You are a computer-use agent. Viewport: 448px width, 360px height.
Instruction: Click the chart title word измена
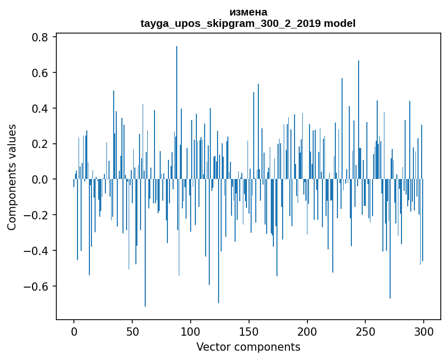tap(248, 12)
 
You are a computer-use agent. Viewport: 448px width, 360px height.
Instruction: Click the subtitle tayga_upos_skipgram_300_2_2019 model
tap(248, 23)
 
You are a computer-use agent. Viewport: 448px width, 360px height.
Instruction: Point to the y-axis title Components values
tap(12, 177)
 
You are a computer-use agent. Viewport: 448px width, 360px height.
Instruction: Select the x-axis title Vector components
tap(248, 347)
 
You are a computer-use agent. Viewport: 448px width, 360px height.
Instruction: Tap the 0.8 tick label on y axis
tap(40, 37)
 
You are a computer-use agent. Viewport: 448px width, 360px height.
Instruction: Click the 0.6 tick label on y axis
tap(40, 73)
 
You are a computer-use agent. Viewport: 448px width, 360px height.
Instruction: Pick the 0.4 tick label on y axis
tap(40, 109)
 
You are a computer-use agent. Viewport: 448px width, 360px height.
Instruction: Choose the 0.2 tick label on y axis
tap(40, 144)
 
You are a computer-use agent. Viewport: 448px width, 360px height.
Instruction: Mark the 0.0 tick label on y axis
tap(40, 179)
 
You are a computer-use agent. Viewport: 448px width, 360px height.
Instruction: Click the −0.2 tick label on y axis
tap(37, 215)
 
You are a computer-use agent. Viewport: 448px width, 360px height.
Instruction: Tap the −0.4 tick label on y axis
tap(37, 251)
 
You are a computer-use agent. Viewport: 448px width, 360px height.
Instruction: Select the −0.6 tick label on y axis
tap(37, 287)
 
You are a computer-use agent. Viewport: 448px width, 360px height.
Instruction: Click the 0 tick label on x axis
tap(74, 331)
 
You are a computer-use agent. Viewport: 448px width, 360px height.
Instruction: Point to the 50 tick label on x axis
tap(132, 331)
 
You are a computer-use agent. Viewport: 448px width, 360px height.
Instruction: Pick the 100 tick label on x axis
tap(191, 331)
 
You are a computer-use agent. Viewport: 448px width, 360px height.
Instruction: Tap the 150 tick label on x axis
tap(249, 331)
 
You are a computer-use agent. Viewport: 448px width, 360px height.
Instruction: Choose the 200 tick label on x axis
tap(307, 331)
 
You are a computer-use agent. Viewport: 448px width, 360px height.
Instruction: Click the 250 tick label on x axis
tap(366, 331)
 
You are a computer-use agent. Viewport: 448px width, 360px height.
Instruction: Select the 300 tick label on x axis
tap(424, 331)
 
